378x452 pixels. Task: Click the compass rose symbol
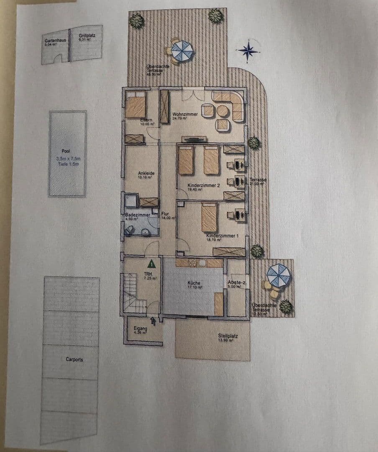click(248, 51)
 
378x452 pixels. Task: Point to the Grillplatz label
click(87, 36)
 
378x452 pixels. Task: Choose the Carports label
click(74, 359)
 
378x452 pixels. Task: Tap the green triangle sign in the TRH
click(151, 264)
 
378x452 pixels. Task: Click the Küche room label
click(194, 283)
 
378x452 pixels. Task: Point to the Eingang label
click(139, 329)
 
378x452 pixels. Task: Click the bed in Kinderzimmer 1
click(209, 217)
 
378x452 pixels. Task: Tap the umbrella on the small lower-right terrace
click(278, 275)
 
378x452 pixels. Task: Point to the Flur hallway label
click(165, 214)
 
